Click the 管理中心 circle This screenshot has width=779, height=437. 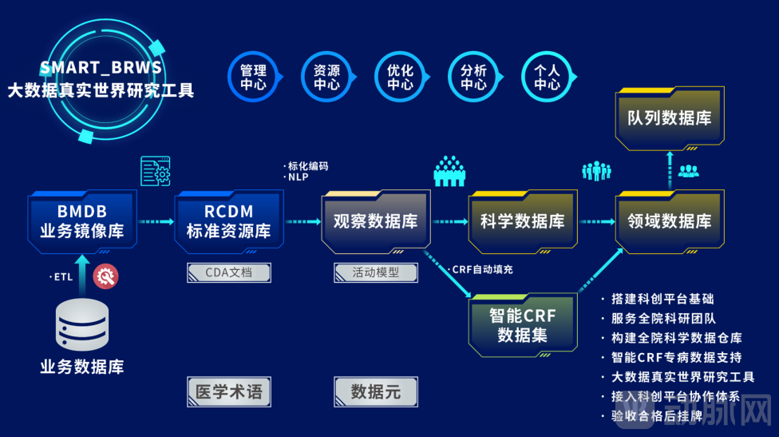pyautogui.click(x=253, y=77)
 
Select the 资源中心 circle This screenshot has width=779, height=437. pyautogui.click(x=326, y=77)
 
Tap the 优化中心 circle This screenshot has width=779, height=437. pyautogui.click(x=400, y=77)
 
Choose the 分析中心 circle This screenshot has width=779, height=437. pyautogui.click(x=473, y=77)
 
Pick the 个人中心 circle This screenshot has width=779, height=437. pyautogui.click(x=547, y=77)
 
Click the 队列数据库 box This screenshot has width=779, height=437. pyautogui.click(x=669, y=118)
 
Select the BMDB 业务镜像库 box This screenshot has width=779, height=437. pyautogui.click(x=82, y=221)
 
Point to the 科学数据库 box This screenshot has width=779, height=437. pyautogui.click(x=522, y=221)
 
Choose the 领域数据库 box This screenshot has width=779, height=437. pyautogui.click(x=669, y=221)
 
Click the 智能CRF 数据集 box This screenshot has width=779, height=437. pyautogui.click(x=522, y=324)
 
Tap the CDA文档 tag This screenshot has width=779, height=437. pyautogui.click(x=228, y=272)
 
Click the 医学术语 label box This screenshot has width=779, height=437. pyautogui.click(x=228, y=391)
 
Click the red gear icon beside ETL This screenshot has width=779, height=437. pyautogui.click(x=105, y=277)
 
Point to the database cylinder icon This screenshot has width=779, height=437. pyautogui.click(x=82, y=326)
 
